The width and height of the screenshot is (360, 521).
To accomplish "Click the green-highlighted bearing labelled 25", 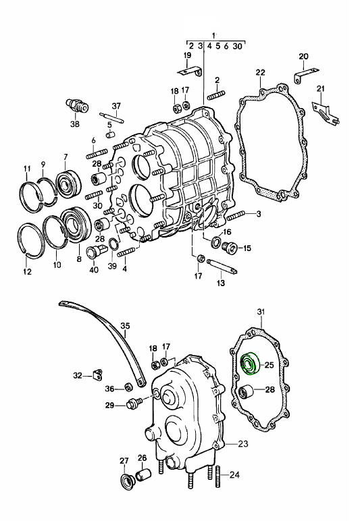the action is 250,363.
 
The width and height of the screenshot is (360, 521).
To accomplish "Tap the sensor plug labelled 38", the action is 77,106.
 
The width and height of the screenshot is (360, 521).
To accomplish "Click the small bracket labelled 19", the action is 189,72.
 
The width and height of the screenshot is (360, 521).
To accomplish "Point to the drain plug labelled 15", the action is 230,247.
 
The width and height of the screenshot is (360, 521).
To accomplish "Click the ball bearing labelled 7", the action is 68,184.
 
